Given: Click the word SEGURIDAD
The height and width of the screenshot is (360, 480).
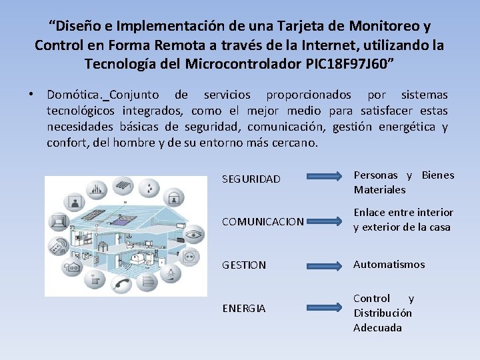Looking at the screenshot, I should tap(251, 179).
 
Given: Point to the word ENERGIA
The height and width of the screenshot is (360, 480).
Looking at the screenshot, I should tap(243, 309).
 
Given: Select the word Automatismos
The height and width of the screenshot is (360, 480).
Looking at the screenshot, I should tap(389, 265).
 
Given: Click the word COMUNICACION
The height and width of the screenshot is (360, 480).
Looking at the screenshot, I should tap(263, 221).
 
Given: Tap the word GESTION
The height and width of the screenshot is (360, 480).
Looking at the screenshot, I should tap(243, 265).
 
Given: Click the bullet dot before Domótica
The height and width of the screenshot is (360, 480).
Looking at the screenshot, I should tap(33, 95).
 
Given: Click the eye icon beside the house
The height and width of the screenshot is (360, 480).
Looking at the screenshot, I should tap(193, 234).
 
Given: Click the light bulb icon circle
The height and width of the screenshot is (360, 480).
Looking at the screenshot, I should tap(170, 273).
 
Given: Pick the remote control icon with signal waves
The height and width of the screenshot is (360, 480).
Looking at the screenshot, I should tap(58, 245).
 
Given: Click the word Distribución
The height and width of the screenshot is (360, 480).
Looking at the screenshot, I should tap(383, 313).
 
